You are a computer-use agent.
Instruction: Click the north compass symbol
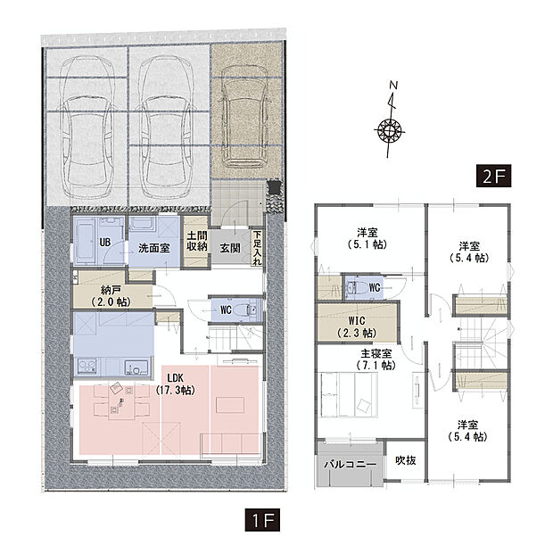pyautogui.click(x=390, y=128)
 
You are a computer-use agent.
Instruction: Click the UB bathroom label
pyautogui.click(x=104, y=243)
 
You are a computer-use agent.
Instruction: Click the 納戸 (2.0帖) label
pyautogui.click(x=112, y=296)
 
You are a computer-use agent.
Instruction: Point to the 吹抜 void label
pyautogui.click(x=405, y=461)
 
